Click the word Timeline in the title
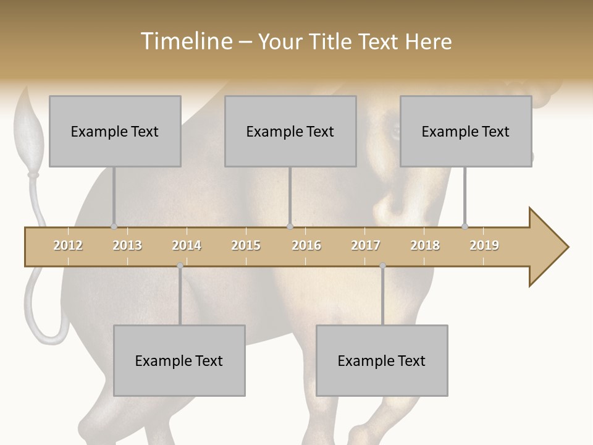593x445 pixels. point(185,41)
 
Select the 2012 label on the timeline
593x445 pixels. point(68,245)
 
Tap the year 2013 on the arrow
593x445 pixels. point(127,245)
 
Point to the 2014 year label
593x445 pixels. point(187,245)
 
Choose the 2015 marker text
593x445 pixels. point(246,245)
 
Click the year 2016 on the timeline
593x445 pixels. point(306,245)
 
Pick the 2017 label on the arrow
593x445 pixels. point(366,245)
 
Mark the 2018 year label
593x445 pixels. point(425,245)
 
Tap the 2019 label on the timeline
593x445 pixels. point(484,245)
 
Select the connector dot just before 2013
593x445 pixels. point(114,226)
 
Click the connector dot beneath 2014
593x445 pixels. point(180,266)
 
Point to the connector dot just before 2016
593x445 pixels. point(290,226)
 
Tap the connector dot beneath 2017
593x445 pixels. point(382,266)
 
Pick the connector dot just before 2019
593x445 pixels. point(465,226)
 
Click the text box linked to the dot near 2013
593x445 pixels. point(115,131)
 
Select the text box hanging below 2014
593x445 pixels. point(179,360)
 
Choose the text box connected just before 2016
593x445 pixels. point(290,131)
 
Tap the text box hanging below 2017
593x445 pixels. point(382,360)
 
